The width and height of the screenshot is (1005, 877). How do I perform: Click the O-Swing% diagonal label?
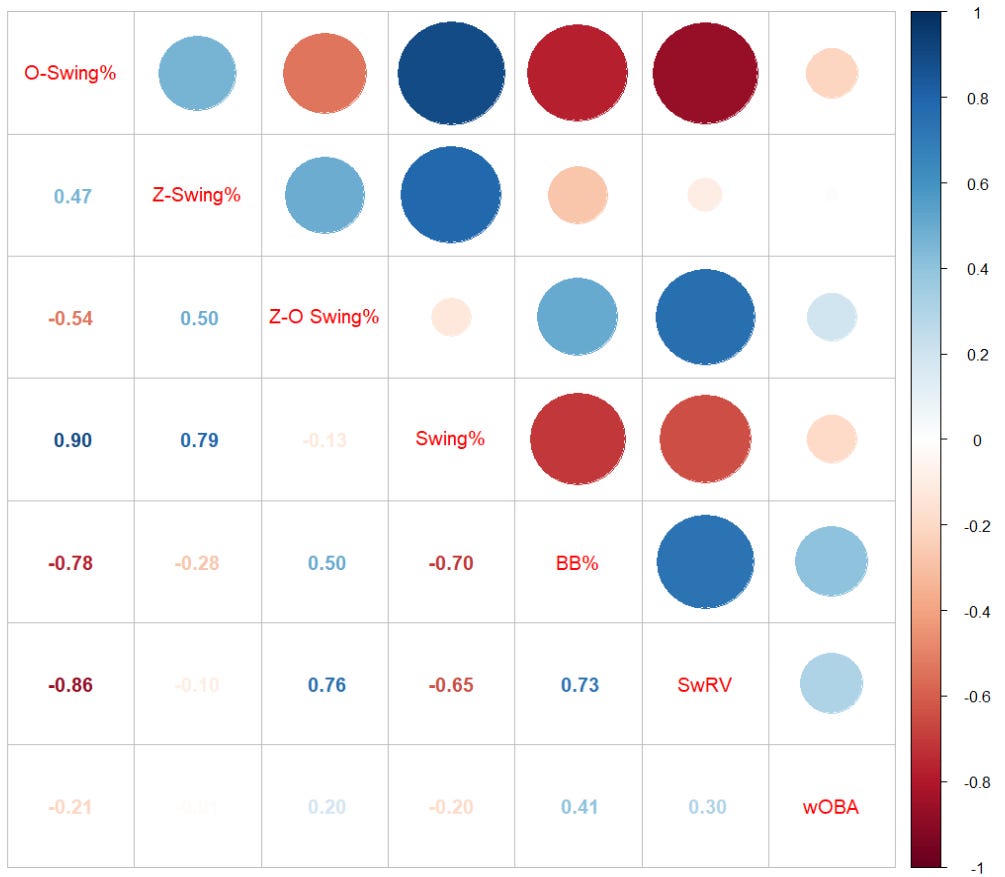pos(70,73)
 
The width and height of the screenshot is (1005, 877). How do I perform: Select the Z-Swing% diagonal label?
pos(196,195)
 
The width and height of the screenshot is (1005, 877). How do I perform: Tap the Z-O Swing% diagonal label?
pos(323,318)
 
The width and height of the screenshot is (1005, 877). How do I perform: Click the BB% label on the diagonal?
pos(577,562)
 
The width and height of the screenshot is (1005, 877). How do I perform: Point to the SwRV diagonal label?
pos(704,685)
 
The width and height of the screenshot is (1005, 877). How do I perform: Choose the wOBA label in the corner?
pos(830,807)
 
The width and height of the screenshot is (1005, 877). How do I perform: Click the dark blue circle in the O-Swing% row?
pos(450,73)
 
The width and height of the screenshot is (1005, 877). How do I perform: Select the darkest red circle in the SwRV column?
pos(704,73)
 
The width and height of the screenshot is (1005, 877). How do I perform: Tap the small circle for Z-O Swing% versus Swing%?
pos(450,317)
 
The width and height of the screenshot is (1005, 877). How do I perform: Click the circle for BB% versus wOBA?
pos(831,562)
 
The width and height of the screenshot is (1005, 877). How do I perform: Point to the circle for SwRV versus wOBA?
pos(831,684)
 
